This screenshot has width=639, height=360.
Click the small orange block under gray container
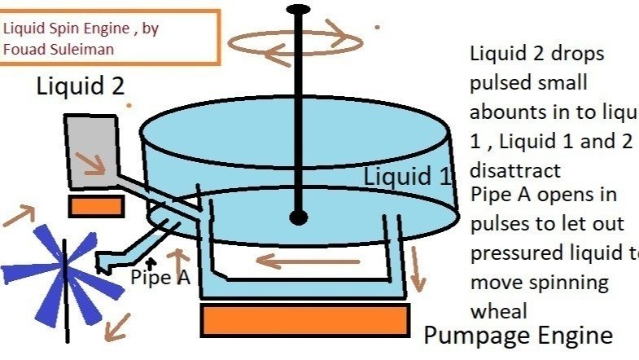click(95, 206)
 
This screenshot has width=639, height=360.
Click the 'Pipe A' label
click(160, 277)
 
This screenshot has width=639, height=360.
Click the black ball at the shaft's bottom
click(299, 217)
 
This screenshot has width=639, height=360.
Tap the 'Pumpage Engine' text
click(518, 336)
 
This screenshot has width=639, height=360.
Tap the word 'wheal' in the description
click(499, 310)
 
